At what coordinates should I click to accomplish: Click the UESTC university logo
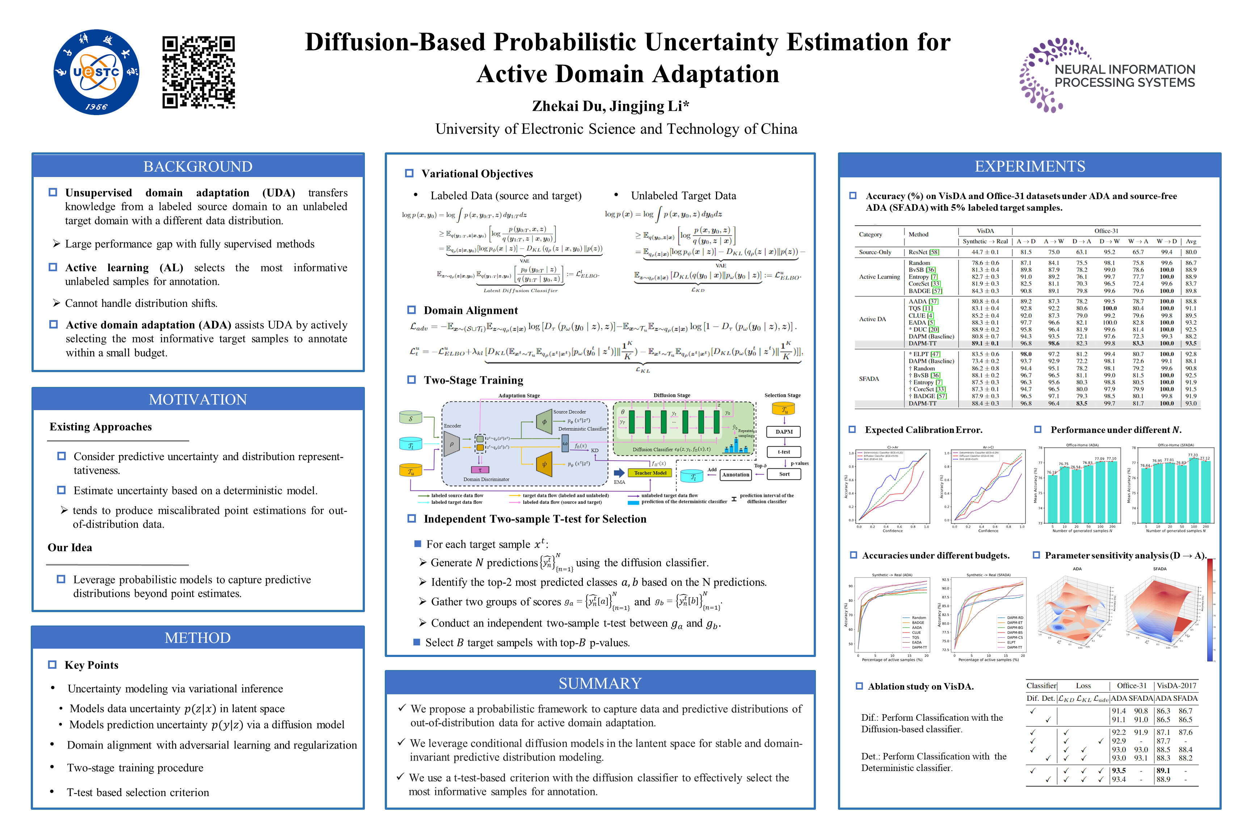click(96, 72)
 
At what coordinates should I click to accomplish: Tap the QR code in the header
click(198, 72)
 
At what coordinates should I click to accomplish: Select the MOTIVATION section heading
click(198, 400)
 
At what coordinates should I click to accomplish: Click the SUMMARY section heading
click(600, 683)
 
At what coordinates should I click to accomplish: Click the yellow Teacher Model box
click(650, 473)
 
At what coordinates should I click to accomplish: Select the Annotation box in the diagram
click(736, 475)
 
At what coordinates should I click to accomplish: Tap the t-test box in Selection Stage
click(784, 452)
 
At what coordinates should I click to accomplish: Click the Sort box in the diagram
click(784, 474)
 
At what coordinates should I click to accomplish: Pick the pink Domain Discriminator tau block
click(480, 469)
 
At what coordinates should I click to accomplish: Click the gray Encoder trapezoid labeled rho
click(452, 443)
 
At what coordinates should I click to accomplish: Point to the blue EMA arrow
click(619, 473)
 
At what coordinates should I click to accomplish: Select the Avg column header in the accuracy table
click(1191, 241)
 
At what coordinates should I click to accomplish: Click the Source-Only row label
click(875, 252)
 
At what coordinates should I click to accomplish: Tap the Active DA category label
click(872, 319)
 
